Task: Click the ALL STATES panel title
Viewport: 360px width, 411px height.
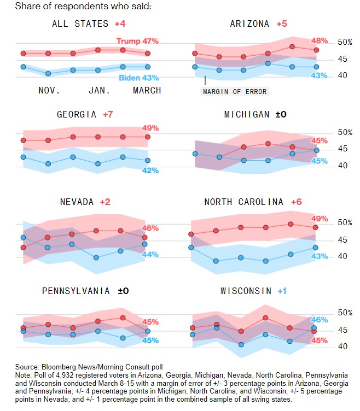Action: pos(81,24)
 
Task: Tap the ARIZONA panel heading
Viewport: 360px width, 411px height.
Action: pos(249,24)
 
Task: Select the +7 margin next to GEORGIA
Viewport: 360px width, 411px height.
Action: pos(107,114)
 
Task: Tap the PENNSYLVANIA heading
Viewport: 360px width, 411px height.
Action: pos(77,291)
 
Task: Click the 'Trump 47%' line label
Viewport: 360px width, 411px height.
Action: pos(137,41)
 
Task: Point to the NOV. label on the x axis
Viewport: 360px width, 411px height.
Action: pos(49,90)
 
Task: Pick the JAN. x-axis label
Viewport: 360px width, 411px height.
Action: pos(99,90)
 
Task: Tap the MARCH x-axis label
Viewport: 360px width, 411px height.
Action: pos(147,90)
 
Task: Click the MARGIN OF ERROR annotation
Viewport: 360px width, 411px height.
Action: pos(235,91)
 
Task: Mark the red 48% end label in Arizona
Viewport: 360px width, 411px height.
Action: pos(319,41)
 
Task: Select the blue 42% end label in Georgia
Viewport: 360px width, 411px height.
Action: pos(150,170)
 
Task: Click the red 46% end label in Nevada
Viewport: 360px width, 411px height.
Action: pos(150,228)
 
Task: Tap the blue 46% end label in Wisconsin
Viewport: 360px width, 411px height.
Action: pos(319,319)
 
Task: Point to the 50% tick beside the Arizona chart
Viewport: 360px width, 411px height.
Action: pos(345,42)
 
